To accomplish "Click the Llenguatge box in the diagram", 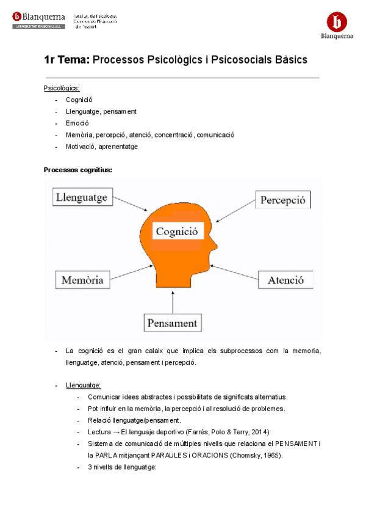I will coord(82,197).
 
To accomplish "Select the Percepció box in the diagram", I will coord(282,200).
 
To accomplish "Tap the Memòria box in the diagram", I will coord(83,280).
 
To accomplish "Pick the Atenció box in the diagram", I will coord(285,280).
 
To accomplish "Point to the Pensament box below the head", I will coord(173,323).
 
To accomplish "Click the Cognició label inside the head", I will coord(177,232).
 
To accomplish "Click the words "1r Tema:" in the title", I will coord(66,60).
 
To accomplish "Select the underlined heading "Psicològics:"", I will coord(62,89).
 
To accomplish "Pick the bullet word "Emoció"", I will coord(77,123).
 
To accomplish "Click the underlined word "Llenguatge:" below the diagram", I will coord(84,385).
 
